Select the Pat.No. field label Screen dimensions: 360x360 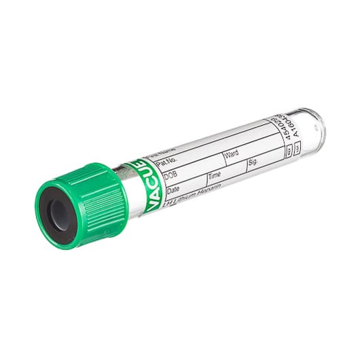pyautogui.click(x=165, y=164)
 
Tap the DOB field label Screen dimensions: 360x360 pyautogui.click(x=170, y=176)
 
